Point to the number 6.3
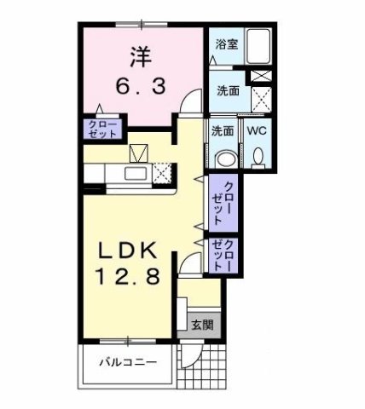(x=142, y=86)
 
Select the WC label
(x=256, y=131)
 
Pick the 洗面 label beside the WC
(x=223, y=131)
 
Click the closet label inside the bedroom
(x=101, y=130)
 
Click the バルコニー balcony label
(x=126, y=362)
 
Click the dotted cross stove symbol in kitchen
(x=164, y=173)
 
